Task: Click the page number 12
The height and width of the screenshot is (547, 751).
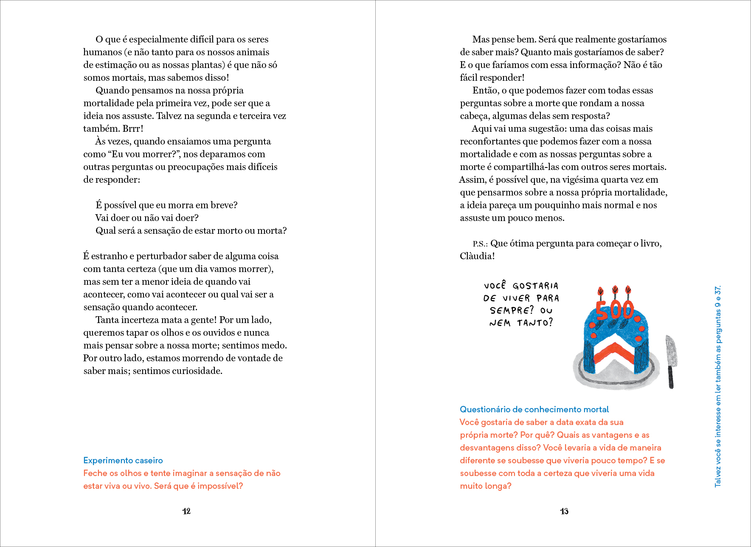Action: point(186,511)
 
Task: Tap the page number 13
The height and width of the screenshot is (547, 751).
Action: point(564,511)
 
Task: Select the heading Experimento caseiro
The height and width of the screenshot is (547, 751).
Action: point(123,460)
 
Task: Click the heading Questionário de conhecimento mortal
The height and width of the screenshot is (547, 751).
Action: point(534,409)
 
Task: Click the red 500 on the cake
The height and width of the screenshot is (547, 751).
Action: point(615,310)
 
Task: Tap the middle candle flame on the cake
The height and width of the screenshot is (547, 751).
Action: point(615,290)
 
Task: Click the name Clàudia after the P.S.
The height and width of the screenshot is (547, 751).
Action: point(477,256)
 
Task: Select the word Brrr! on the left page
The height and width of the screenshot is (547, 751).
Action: point(133,128)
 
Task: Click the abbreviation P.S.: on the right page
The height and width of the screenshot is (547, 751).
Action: point(480,244)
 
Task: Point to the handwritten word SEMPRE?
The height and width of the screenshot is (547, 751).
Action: point(512,310)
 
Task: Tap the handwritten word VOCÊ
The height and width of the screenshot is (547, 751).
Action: point(495,285)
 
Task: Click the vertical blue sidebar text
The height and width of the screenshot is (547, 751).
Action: point(718,386)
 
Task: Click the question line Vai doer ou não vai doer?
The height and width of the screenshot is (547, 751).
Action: point(147,218)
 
